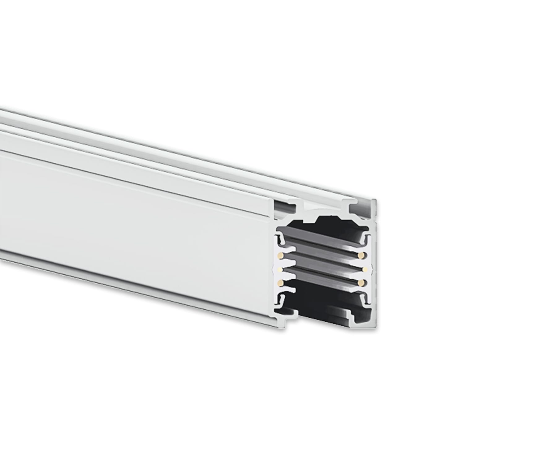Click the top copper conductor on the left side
tap(280, 255)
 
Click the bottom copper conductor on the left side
tap(280, 283)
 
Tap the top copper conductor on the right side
tap(361, 255)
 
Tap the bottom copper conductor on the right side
tap(361, 283)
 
